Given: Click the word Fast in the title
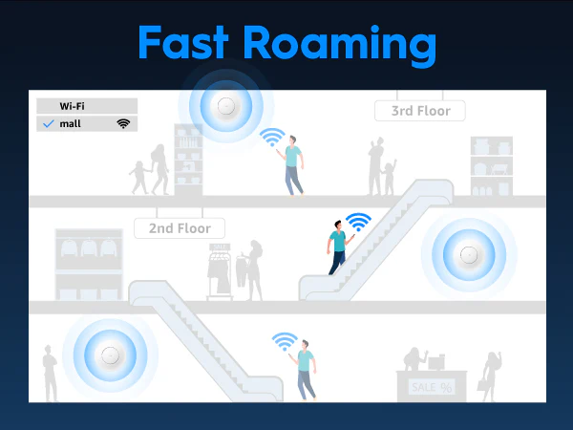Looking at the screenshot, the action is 183,42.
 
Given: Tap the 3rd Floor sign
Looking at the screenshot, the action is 420,111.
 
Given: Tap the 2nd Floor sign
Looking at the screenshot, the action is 180,228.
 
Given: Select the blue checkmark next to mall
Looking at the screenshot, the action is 49,124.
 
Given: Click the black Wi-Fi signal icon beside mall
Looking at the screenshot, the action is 123,123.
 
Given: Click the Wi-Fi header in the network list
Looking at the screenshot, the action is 72,106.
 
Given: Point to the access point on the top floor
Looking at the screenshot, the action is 225,106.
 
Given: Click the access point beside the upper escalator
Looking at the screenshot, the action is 469,255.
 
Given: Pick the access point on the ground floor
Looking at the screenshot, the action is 110,355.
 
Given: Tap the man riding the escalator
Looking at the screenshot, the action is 339,247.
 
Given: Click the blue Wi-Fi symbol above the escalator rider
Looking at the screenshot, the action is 358,222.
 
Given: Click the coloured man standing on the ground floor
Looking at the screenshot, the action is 305,370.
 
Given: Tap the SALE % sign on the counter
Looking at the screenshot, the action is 432,387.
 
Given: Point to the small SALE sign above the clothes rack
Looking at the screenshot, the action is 220,247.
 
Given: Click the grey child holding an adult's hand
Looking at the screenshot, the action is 138,178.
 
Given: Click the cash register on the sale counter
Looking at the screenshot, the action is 436,362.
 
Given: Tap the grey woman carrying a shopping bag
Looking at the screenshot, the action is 490,376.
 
